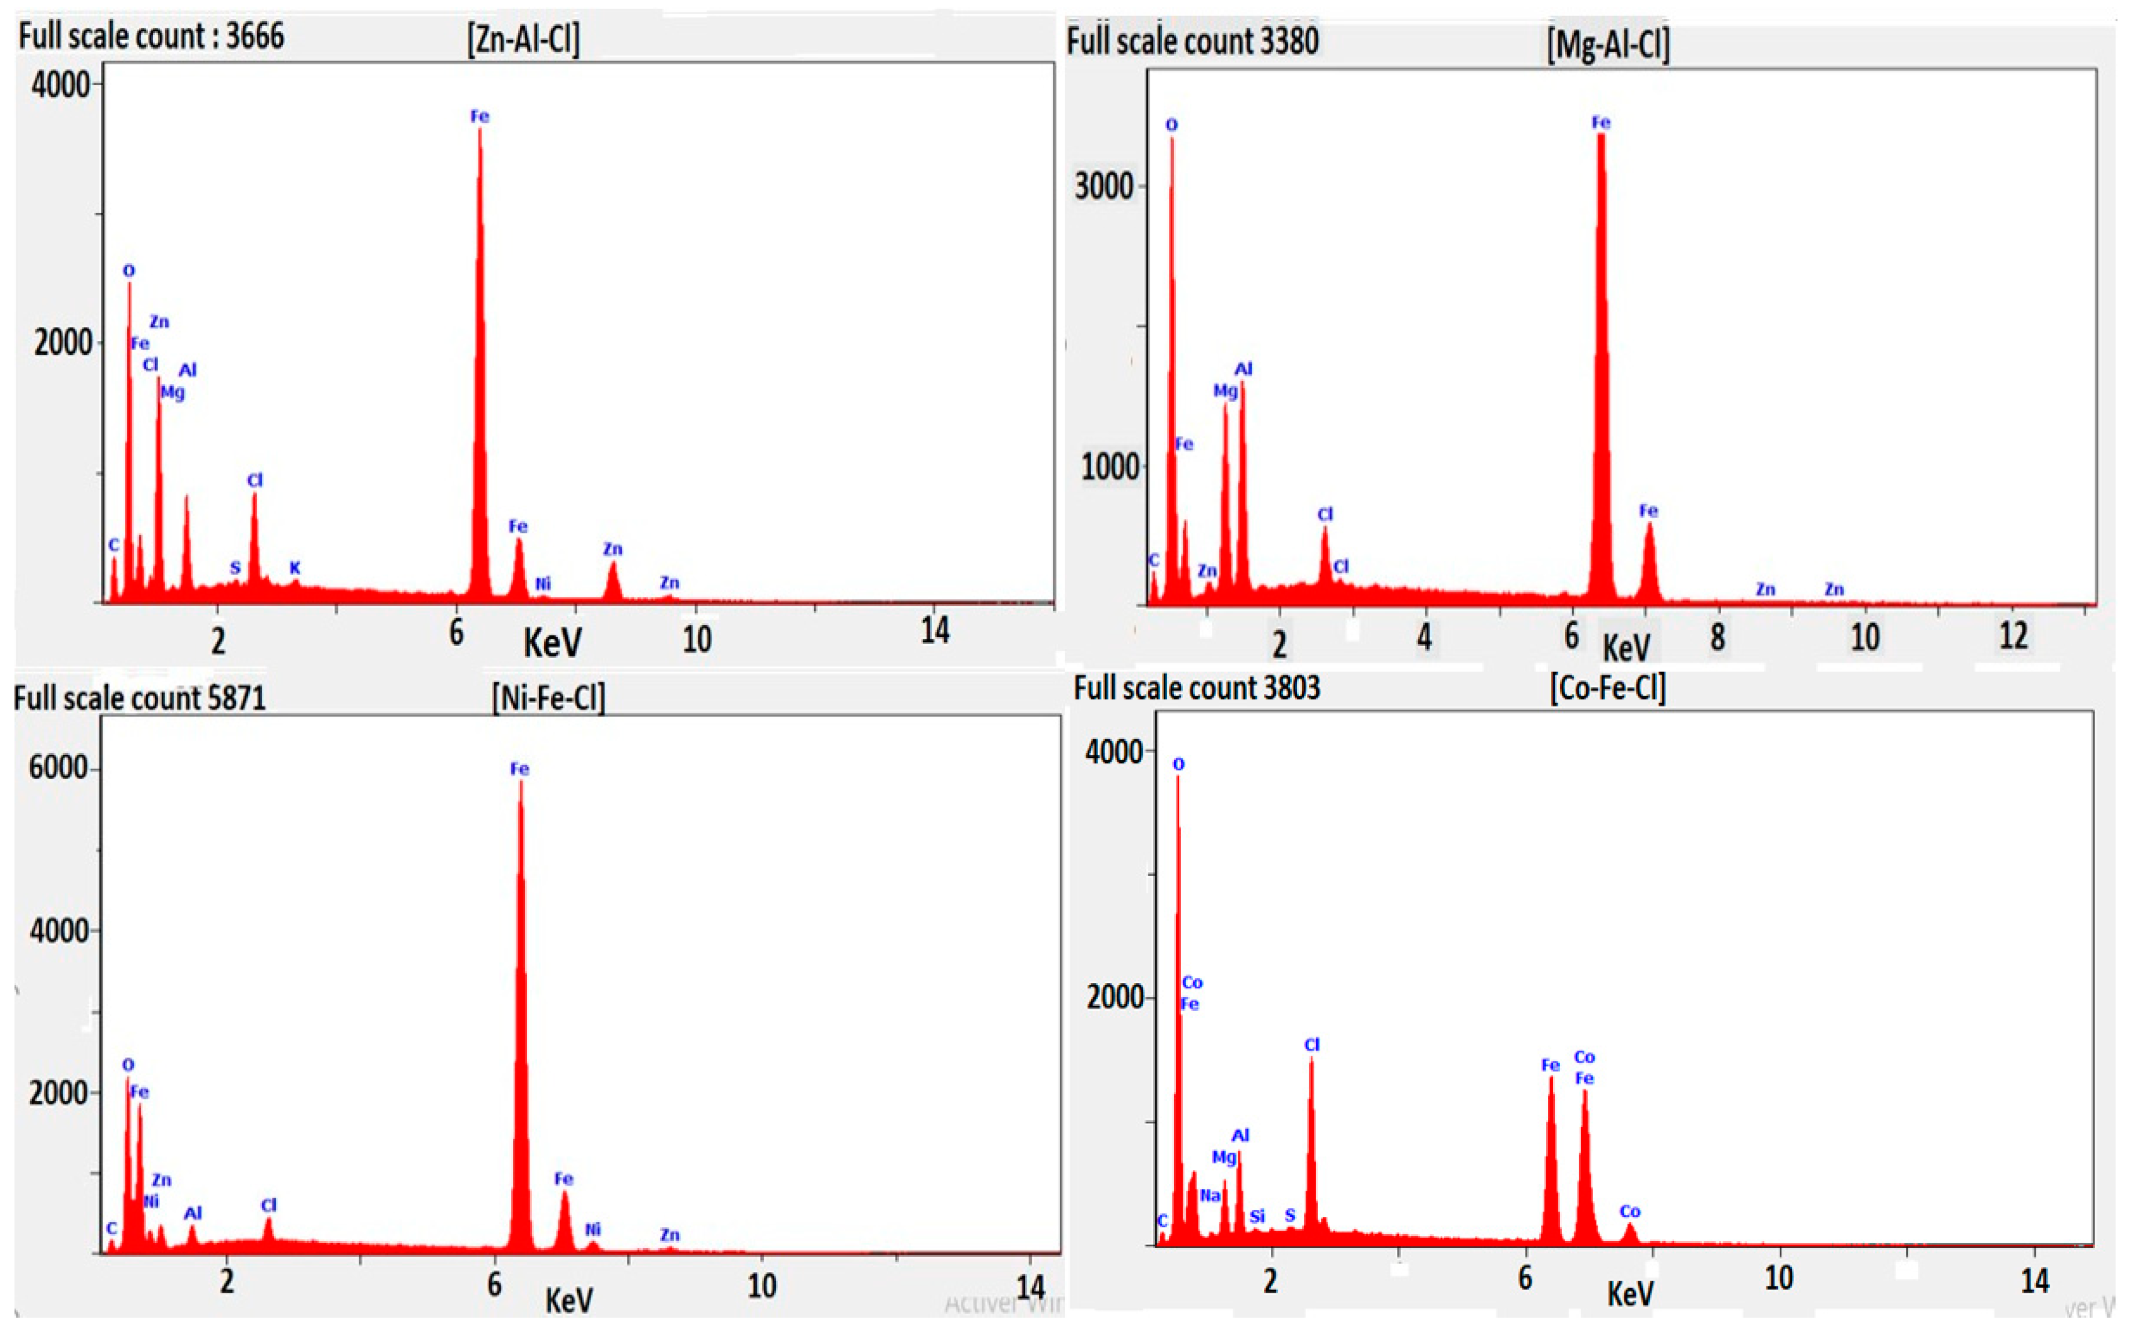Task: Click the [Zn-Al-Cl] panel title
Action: click(523, 39)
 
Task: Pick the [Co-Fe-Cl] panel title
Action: click(1608, 688)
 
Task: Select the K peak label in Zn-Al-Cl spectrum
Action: click(295, 568)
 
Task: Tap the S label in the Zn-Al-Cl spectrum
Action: click(235, 568)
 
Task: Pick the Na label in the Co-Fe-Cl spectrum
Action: click(1210, 1195)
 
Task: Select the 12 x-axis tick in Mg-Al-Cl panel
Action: click(2013, 635)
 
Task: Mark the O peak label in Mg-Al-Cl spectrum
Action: click(1171, 125)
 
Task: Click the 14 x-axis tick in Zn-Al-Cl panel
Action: click(935, 630)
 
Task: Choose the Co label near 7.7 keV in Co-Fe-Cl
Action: click(1630, 1211)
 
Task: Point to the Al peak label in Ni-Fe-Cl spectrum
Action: click(193, 1213)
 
